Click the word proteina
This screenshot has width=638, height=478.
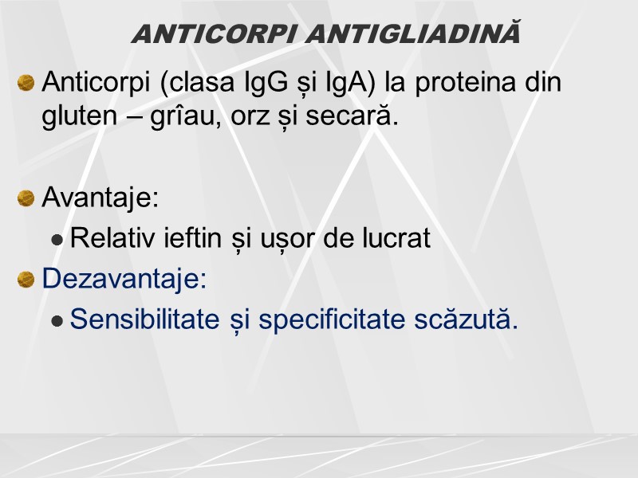(462, 82)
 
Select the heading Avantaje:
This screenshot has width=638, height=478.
(100, 197)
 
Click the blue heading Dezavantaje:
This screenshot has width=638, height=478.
(124, 278)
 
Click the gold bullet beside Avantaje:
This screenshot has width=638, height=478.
(26, 198)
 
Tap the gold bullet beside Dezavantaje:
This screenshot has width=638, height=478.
(26, 279)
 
